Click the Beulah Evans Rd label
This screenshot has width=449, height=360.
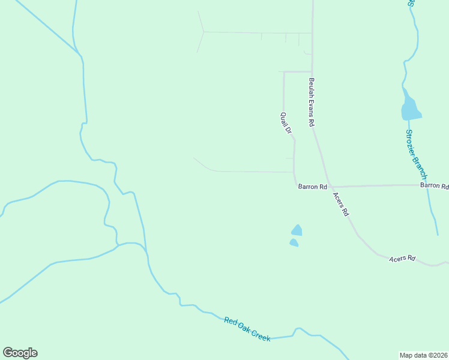coord(312,102)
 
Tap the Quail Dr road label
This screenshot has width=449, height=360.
coord(286,122)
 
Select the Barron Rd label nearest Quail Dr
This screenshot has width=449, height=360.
coord(312,187)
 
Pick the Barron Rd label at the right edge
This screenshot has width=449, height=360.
coord(435,186)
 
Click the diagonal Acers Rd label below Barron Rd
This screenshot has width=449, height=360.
coord(340,204)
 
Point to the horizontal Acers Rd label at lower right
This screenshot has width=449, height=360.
coord(402,259)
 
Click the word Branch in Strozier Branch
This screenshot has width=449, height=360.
coord(421,167)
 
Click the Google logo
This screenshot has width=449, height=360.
coord(20,353)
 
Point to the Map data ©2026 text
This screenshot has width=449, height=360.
coord(423,355)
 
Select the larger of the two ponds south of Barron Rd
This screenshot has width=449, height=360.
coord(297,230)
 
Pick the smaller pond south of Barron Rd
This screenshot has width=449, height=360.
coord(294,242)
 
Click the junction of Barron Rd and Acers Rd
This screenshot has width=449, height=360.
coord(330,186)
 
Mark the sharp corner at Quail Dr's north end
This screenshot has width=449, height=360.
coord(284,72)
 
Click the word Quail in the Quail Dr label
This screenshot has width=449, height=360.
coord(285,118)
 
